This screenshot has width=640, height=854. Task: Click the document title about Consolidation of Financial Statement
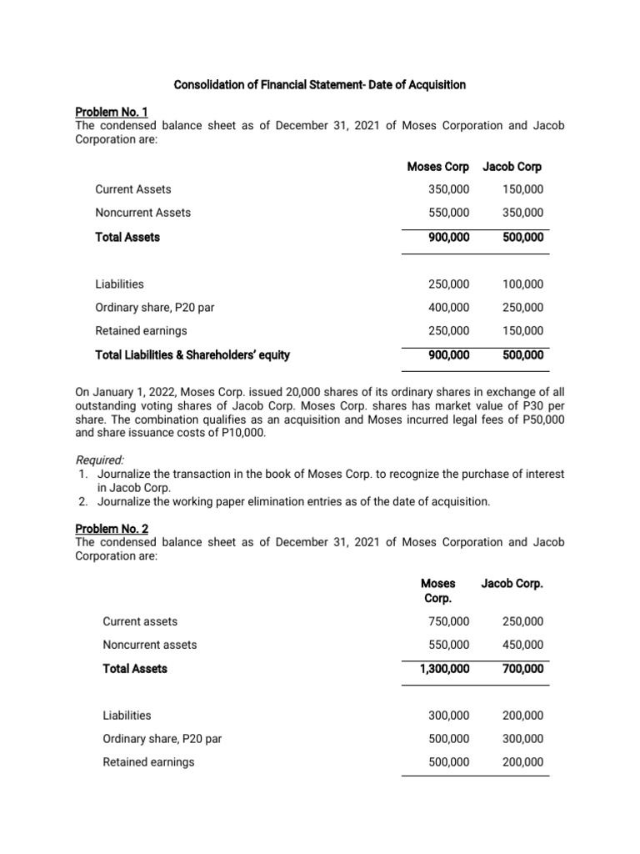tap(319, 85)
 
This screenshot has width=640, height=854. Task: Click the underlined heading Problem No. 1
tap(112, 111)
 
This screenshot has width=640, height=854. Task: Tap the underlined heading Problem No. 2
tap(112, 528)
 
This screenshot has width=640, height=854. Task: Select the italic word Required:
tap(99, 460)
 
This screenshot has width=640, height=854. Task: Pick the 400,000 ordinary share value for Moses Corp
tap(448, 308)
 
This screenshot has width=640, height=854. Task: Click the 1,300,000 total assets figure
tap(442, 669)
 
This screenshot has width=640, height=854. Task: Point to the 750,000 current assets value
tap(448, 621)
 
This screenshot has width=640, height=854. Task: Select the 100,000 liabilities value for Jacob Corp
tap(522, 284)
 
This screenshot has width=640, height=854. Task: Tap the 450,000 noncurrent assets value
tap(522, 645)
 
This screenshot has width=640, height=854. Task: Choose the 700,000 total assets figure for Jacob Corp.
tap(522, 669)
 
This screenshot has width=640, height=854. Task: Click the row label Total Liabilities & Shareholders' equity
tap(192, 355)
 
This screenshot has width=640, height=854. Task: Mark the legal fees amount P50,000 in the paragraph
tap(540, 419)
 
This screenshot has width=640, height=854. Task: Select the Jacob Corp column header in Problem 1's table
tap(512, 167)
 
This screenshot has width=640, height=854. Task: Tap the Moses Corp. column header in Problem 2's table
tap(437, 590)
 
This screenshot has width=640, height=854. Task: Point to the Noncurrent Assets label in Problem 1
tap(142, 213)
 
